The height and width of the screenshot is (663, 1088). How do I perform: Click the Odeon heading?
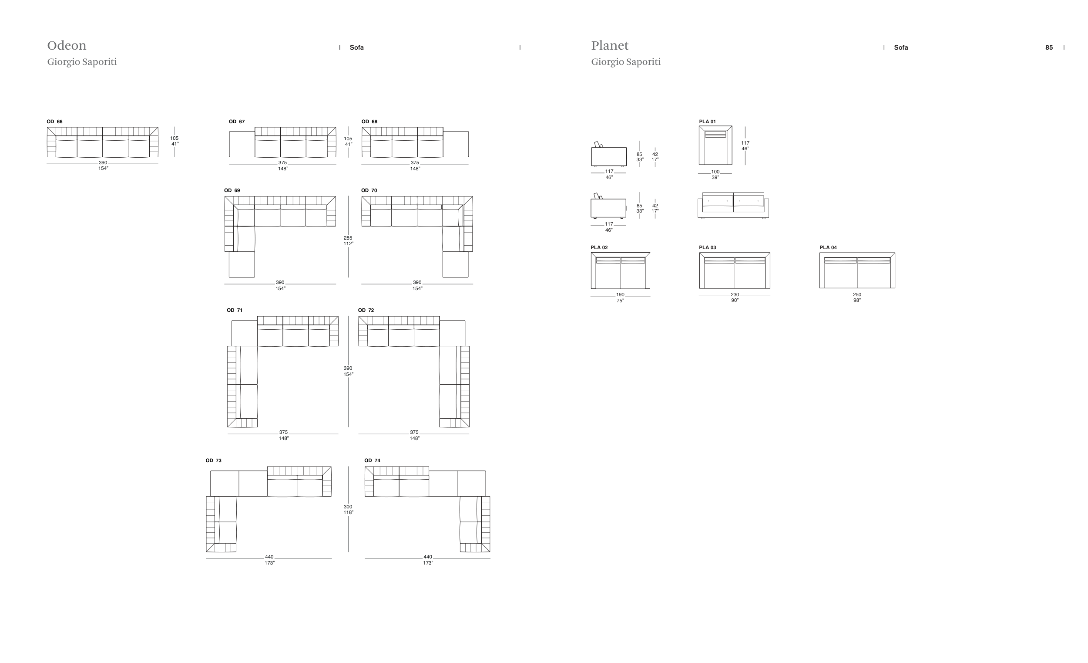[67, 46]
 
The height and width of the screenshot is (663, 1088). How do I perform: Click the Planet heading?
[610, 46]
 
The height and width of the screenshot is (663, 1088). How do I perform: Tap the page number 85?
[1049, 47]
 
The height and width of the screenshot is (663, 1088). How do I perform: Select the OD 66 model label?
[55, 122]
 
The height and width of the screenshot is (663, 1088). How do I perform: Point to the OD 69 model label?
[232, 190]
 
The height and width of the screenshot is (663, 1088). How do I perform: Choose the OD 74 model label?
[372, 460]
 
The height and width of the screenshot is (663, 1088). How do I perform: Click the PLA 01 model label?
[707, 122]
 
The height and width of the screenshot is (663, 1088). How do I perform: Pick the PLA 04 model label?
[828, 247]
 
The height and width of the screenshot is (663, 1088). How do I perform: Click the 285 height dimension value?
[348, 238]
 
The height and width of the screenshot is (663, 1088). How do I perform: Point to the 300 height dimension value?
[348, 507]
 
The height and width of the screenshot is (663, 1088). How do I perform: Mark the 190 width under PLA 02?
[621, 295]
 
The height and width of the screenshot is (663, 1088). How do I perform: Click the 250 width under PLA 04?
[857, 295]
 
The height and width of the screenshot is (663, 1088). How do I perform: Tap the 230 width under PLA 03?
[735, 295]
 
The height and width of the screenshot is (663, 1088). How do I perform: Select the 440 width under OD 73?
[269, 557]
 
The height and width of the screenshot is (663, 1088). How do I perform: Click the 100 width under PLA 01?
[715, 172]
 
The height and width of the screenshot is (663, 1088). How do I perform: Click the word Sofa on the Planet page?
[901, 47]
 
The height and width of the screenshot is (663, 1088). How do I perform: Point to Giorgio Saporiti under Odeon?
[82, 62]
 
